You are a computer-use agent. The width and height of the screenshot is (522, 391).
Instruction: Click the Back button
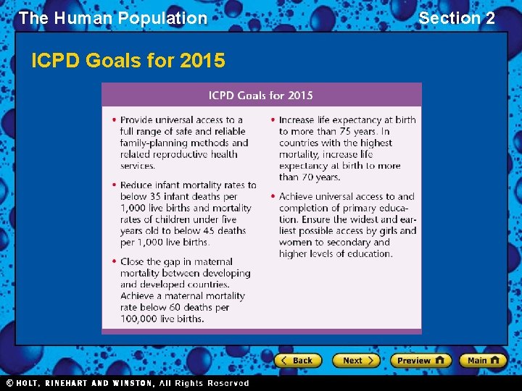(297, 360)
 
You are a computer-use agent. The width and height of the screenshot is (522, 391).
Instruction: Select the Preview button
(420, 360)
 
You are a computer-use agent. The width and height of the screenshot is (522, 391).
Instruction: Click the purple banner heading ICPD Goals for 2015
(261, 96)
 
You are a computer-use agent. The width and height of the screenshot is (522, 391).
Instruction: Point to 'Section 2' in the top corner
(457, 18)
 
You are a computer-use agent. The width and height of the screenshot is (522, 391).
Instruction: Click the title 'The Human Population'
(113, 18)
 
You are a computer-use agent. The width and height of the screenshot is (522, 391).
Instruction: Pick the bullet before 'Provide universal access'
(115, 120)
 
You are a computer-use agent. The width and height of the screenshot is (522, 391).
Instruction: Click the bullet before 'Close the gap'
(115, 262)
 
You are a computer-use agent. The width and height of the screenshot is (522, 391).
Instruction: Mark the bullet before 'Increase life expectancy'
(273, 120)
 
